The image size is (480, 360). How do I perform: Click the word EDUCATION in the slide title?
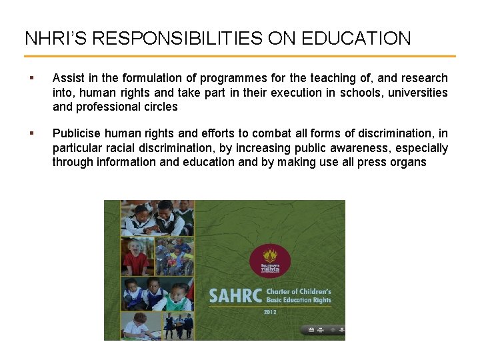(357, 38)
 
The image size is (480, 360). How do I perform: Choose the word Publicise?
(77, 133)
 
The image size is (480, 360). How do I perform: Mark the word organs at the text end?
(408, 161)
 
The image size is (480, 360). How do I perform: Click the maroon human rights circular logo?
(269, 261)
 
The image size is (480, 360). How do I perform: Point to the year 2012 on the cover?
(271, 312)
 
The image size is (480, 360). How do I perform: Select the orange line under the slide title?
(240, 57)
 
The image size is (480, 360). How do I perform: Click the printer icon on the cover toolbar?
(321, 329)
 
